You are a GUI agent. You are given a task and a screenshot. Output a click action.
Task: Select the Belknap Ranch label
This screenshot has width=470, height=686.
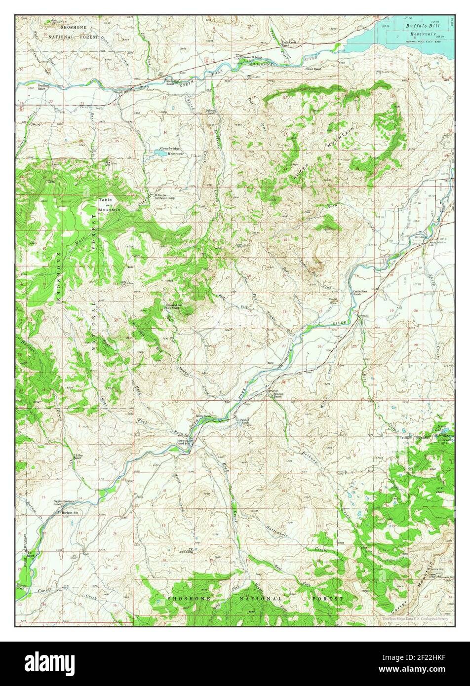274,395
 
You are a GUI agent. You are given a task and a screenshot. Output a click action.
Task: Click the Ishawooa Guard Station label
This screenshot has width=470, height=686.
185,443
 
